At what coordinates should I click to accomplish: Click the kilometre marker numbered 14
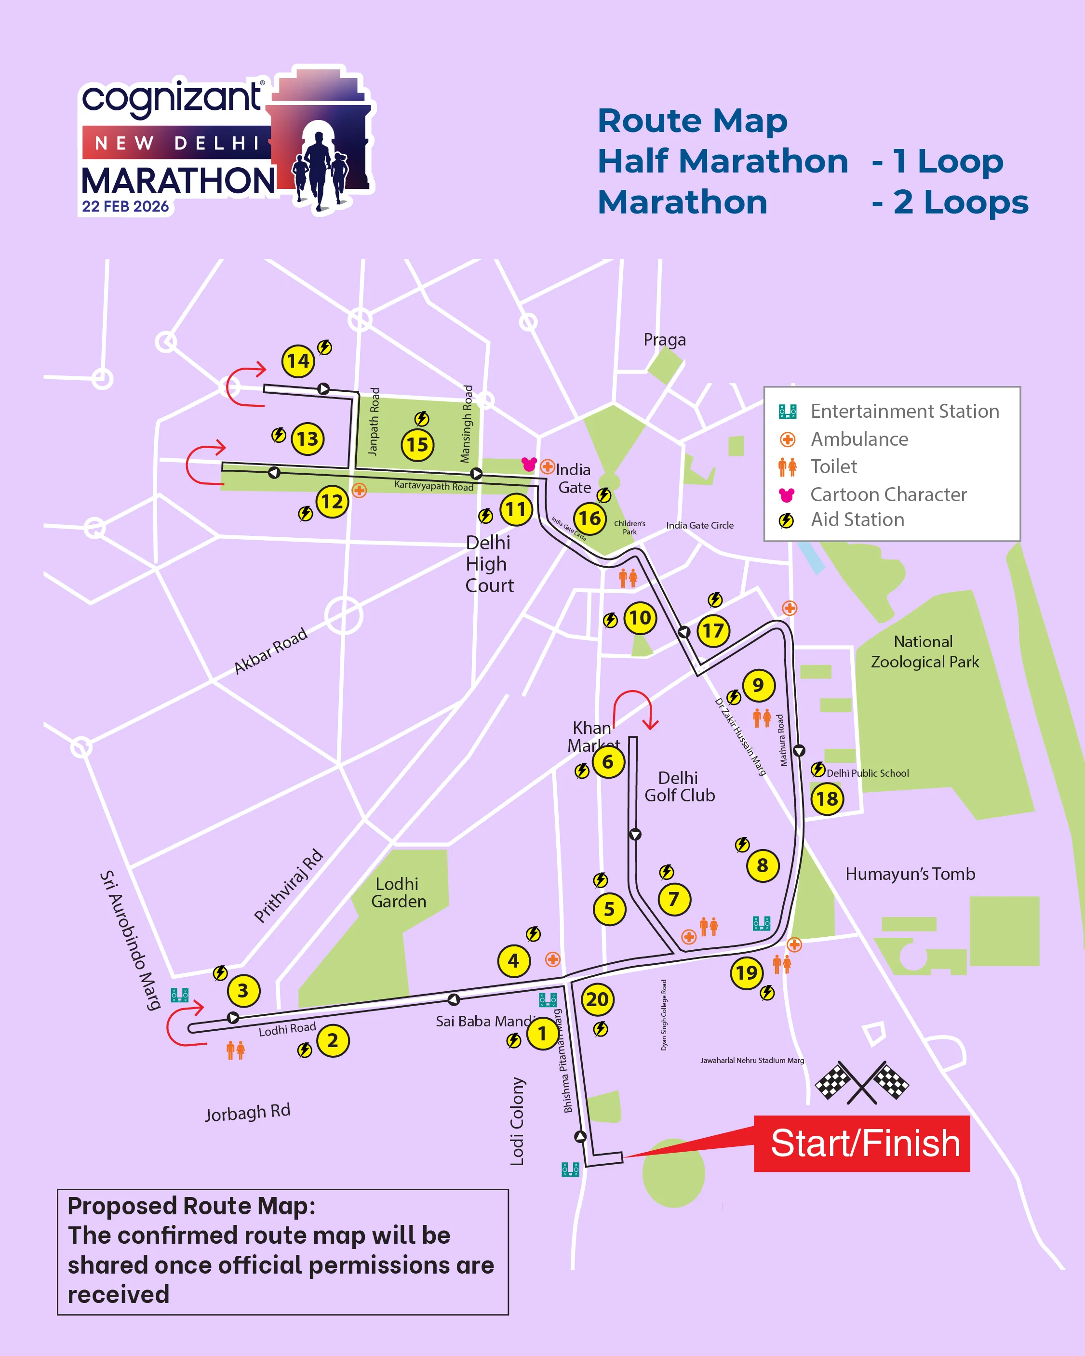(298, 361)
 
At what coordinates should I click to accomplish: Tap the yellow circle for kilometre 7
(674, 899)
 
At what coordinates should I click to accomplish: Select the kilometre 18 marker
(827, 799)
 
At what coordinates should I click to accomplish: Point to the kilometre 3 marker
(243, 991)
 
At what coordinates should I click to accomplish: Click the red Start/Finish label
(862, 1143)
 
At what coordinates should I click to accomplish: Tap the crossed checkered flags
(862, 1083)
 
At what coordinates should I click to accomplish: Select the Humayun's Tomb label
(910, 874)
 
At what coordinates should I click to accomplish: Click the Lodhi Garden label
(398, 892)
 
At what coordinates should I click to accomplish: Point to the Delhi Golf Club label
(679, 787)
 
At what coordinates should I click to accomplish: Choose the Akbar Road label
(270, 651)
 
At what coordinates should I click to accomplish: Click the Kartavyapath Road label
(433, 486)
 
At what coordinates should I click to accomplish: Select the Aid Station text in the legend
(857, 519)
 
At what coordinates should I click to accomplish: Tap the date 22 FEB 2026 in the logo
(125, 206)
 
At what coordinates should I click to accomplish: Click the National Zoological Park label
(924, 651)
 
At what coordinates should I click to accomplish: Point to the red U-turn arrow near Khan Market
(635, 709)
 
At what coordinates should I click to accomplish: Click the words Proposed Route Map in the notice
(191, 1206)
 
